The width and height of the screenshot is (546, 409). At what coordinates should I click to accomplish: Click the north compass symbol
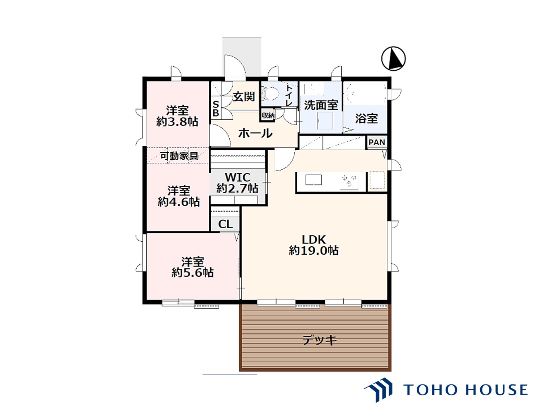(393, 58)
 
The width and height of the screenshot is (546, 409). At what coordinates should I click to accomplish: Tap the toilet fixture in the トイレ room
(271, 94)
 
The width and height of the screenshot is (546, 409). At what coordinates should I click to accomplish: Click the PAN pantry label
(377, 142)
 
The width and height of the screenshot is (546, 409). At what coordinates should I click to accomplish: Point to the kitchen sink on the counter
(313, 180)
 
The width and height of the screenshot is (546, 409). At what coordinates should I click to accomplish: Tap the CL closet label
(225, 224)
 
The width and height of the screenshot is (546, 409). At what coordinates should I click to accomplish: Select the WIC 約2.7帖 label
(237, 183)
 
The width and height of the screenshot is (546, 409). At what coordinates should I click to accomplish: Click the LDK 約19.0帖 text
(313, 245)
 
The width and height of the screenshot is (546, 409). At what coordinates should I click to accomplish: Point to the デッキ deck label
(319, 340)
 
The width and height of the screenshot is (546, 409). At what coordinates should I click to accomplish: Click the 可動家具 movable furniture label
(179, 156)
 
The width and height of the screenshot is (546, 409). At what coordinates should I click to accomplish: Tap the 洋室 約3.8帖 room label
(177, 116)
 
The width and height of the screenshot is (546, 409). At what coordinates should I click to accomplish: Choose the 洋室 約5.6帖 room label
(192, 267)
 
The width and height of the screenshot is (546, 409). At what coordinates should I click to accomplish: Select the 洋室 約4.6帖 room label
(179, 196)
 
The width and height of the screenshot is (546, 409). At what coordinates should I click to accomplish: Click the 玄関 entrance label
(244, 96)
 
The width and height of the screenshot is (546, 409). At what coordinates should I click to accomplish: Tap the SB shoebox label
(216, 109)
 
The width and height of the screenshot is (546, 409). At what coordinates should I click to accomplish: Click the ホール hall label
(255, 133)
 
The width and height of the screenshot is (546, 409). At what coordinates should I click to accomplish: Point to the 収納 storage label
(268, 115)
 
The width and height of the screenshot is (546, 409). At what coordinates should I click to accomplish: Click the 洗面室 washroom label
(321, 105)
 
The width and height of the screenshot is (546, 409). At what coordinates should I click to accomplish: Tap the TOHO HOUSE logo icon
(379, 390)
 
